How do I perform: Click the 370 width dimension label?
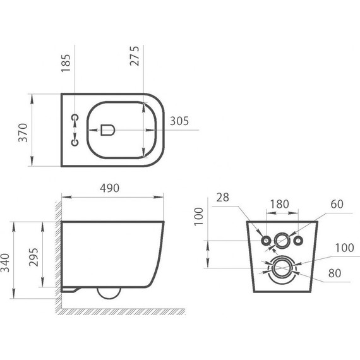(x=23, y=133)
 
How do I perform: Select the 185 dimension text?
(x=66, y=63)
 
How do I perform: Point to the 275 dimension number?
(x=135, y=56)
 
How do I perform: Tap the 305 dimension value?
(x=179, y=121)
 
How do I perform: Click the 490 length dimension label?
(x=109, y=188)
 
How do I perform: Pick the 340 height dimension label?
(x=5, y=263)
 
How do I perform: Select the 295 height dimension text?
(x=33, y=257)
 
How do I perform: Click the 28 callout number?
(x=223, y=197)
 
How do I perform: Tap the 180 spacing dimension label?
(x=279, y=204)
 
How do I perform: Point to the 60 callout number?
(x=337, y=204)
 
